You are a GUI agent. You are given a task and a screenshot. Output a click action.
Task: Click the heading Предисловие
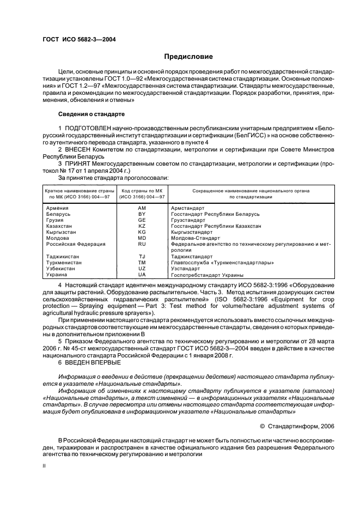(x=189, y=57)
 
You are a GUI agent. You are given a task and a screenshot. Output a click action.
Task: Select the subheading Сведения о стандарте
(x=91, y=114)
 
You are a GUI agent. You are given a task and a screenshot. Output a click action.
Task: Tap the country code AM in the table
(x=142, y=208)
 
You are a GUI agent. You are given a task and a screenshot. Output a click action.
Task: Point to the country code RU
(x=142, y=244)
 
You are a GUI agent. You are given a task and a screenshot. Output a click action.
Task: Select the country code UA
(x=142, y=275)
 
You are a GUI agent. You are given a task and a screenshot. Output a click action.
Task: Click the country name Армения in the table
(x=57, y=208)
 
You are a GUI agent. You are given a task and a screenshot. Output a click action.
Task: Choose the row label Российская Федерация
(x=75, y=244)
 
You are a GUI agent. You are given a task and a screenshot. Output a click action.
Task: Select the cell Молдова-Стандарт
(x=196, y=238)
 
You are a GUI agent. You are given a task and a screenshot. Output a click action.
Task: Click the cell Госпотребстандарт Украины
(x=207, y=275)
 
